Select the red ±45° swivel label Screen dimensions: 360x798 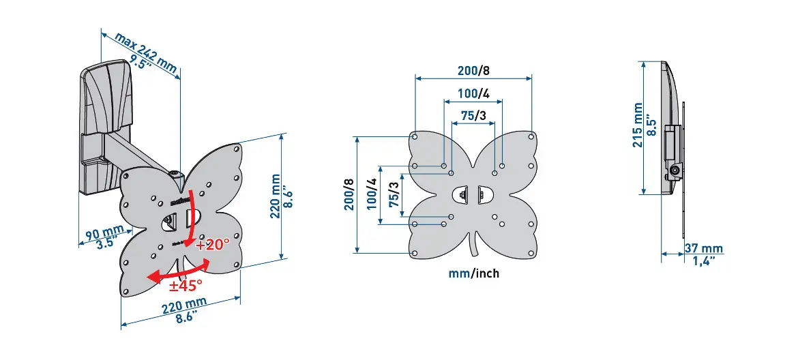pyautogui.click(x=186, y=285)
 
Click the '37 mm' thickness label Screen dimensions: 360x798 pyautogui.click(x=703, y=249)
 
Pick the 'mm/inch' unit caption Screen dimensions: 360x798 pyautogui.click(x=474, y=273)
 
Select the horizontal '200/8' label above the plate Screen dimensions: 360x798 pyautogui.click(x=474, y=70)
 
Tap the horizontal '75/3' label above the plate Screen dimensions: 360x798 pyautogui.click(x=473, y=116)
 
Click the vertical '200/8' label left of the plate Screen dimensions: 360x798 pyautogui.click(x=349, y=194)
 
